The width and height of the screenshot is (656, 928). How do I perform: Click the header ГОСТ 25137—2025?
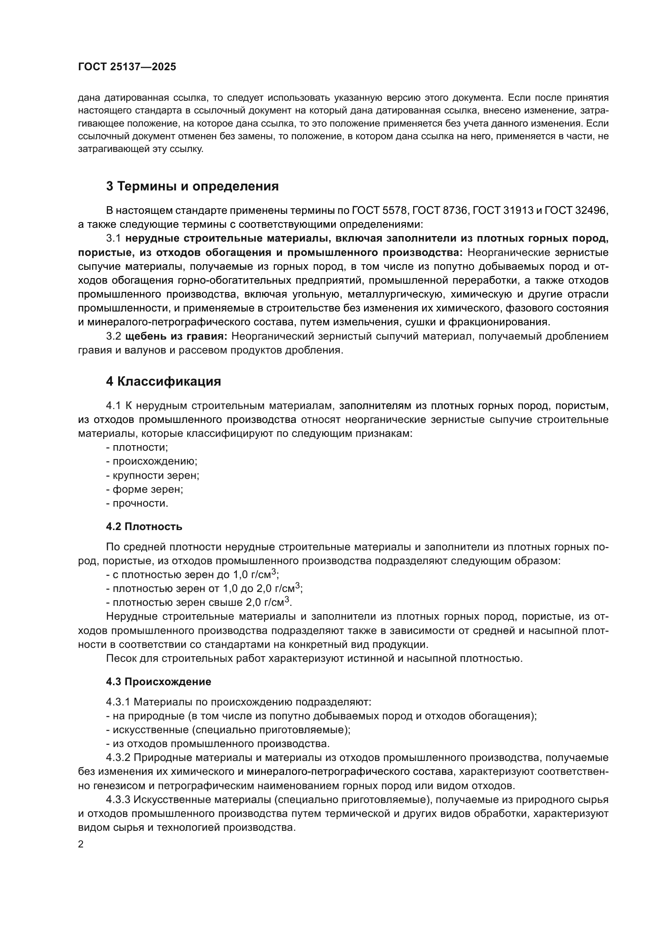coord(127,67)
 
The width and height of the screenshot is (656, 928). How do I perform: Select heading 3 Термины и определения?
coord(192,186)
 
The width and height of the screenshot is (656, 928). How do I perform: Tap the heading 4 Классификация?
coord(163,381)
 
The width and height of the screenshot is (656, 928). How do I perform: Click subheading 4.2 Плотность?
coord(144,526)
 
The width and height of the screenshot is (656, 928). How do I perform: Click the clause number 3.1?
coord(113,238)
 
